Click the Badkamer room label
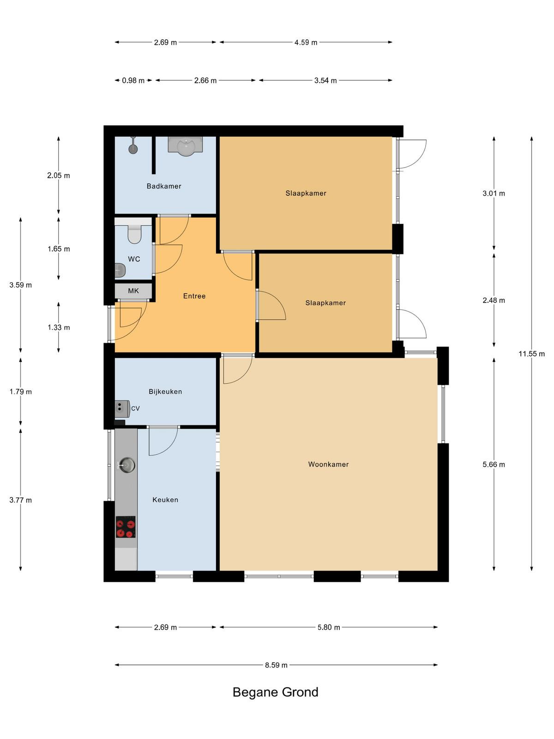pyautogui.click(x=164, y=186)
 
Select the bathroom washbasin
pyautogui.click(x=185, y=146)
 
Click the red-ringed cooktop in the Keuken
pyautogui.click(x=126, y=527)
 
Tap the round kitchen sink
pyautogui.click(x=126, y=465)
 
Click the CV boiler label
pyautogui.click(x=135, y=408)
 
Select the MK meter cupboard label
pyautogui.click(x=133, y=291)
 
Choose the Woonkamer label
pyautogui.click(x=328, y=464)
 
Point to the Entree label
pyautogui.click(x=194, y=296)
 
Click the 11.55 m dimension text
pyautogui.click(x=531, y=354)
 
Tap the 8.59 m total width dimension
pyautogui.click(x=276, y=665)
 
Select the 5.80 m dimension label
pyautogui.click(x=329, y=627)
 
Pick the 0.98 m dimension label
pyautogui.click(x=133, y=80)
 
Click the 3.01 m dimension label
pyautogui.click(x=494, y=193)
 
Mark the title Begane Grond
pyautogui.click(x=276, y=692)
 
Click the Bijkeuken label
pyautogui.click(x=165, y=392)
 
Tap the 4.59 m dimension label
pyautogui.click(x=306, y=42)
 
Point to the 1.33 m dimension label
pyautogui.click(x=59, y=327)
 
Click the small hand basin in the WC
pyautogui.click(x=120, y=270)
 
